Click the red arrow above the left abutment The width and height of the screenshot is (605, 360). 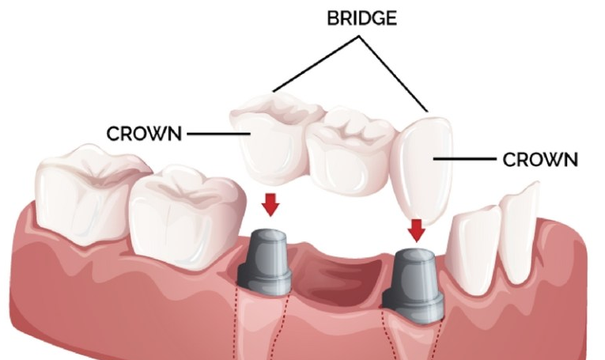click(270, 204)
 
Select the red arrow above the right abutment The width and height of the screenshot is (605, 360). click(416, 229)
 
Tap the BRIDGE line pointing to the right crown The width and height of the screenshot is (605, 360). click(399, 71)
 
